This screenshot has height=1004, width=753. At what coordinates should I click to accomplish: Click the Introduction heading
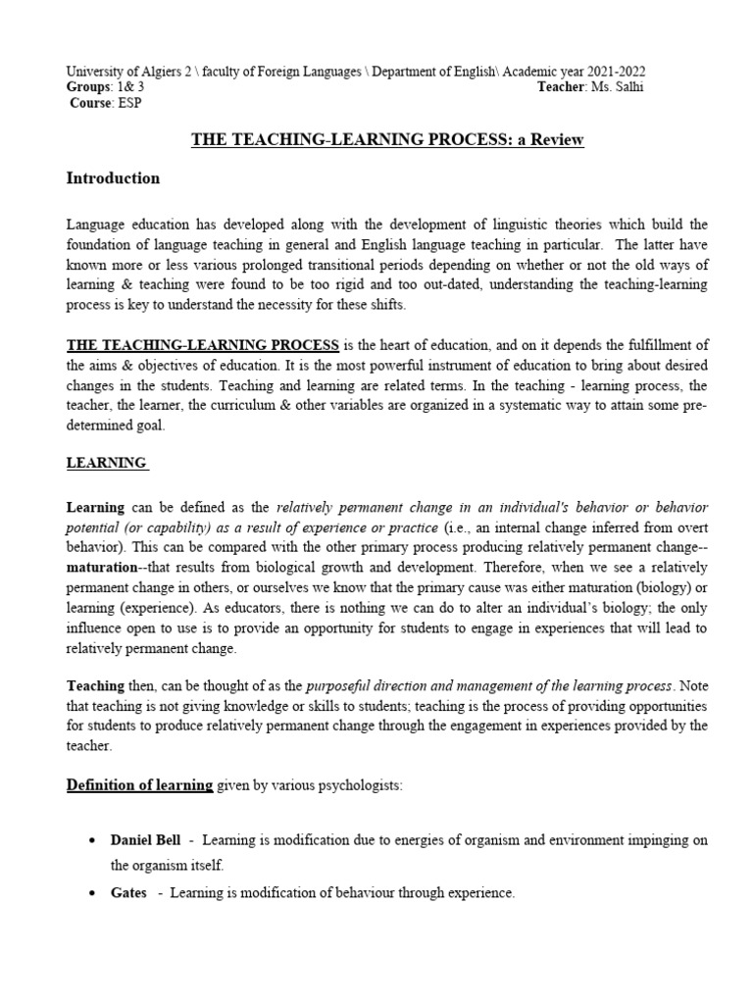(x=113, y=178)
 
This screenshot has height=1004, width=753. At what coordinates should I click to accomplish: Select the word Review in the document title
(x=560, y=139)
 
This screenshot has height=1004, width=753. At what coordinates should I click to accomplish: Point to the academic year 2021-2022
(x=611, y=73)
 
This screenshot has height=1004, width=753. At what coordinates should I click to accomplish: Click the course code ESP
(x=128, y=104)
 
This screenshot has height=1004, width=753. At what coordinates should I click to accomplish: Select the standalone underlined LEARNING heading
(x=106, y=462)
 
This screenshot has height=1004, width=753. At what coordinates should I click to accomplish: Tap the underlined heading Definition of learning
(x=139, y=784)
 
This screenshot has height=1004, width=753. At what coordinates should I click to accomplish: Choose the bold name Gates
(x=128, y=893)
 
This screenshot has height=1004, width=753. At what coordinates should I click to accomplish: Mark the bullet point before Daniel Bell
(x=91, y=842)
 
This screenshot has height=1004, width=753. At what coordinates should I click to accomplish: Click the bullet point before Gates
(x=91, y=894)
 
